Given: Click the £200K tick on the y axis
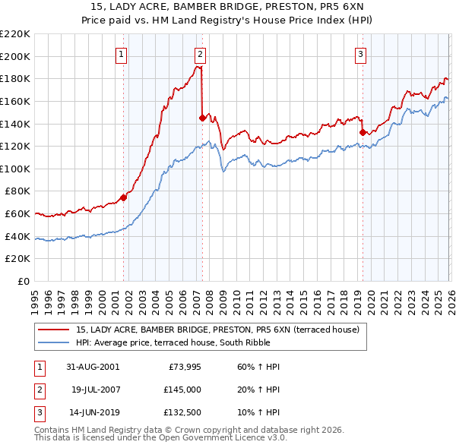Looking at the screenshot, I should point(17,56).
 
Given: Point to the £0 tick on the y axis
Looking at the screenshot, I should point(24,282).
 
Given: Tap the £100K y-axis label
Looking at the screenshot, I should point(17,169).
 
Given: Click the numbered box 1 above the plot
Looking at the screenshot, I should point(122,54).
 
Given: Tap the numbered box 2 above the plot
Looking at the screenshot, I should point(200,54).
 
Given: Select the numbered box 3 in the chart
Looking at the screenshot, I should point(360,54).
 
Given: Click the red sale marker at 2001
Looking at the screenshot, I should point(124,198).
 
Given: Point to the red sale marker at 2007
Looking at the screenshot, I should point(202,118).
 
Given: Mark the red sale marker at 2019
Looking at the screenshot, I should point(363,132).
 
